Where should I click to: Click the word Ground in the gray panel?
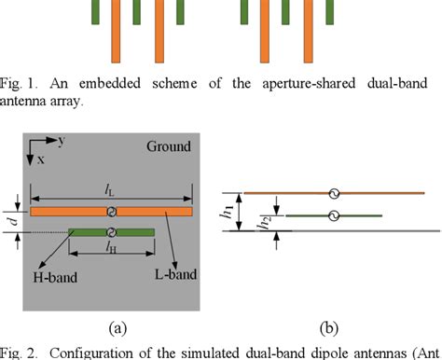click(x=168, y=145)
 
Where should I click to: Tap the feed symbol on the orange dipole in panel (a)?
click(x=111, y=212)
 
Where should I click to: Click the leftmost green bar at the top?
click(x=94, y=11)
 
